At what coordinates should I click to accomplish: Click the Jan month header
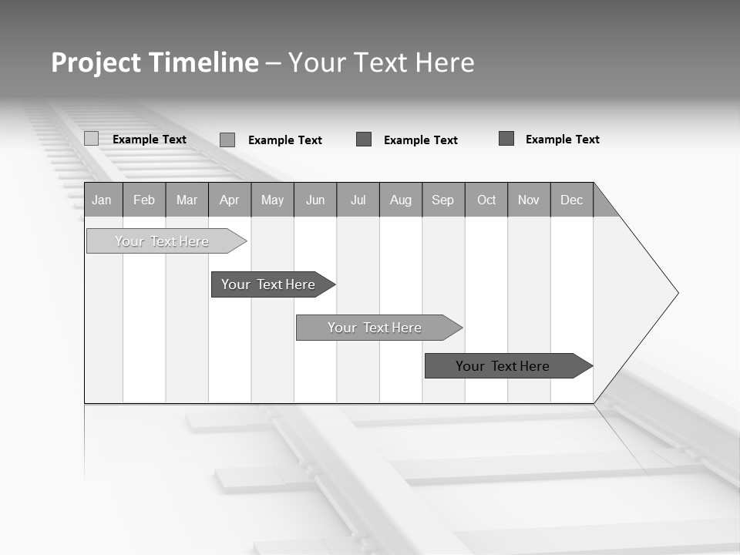pyautogui.click(x=103, y=200)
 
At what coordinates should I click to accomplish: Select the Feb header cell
pyautogui.click(x=144, y=200)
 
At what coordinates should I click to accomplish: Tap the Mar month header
pyautogui.click(x=187, y=200)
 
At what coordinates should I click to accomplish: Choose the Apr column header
pyautogui.click(x=230, y=200)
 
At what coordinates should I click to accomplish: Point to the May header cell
pyautogui.click(x=272, y=200)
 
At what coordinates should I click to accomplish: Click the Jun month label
pyautogui.click(x=315, y=200)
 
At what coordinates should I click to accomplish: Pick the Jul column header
pyautogui.click(x=358, y=200)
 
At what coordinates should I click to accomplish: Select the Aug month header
pyautogui.click(x=401, y=200)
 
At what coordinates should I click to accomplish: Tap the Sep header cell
pyautogui.click(x=443, y=200)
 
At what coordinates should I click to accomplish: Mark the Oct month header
pyautogui.click(x=486, y=200)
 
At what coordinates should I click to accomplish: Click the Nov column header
pyautogui.click(x=529, y=200)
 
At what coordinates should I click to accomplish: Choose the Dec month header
pyautogui.click(x=572, y=200)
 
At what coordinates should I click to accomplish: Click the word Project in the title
pyautogui.click(x=96, y=62)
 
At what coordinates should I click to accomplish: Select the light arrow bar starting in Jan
pyautogui.click(x=163, y=241)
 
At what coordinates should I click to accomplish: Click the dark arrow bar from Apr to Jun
pyautogui.click(x=269, y=284)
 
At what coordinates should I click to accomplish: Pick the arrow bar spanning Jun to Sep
pyautogui.click(x=375, y=328)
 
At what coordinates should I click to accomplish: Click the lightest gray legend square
pyautogui.click(x=91, y=139)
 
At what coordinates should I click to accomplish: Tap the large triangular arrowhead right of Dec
pyautogui.click(x=636, y=293)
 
